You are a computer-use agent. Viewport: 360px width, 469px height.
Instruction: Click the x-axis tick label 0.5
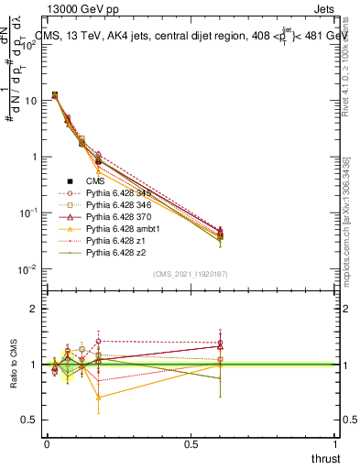191,444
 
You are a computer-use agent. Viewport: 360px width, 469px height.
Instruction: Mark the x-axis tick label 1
336,444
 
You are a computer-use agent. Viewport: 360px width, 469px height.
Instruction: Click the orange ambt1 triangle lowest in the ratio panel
99,398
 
